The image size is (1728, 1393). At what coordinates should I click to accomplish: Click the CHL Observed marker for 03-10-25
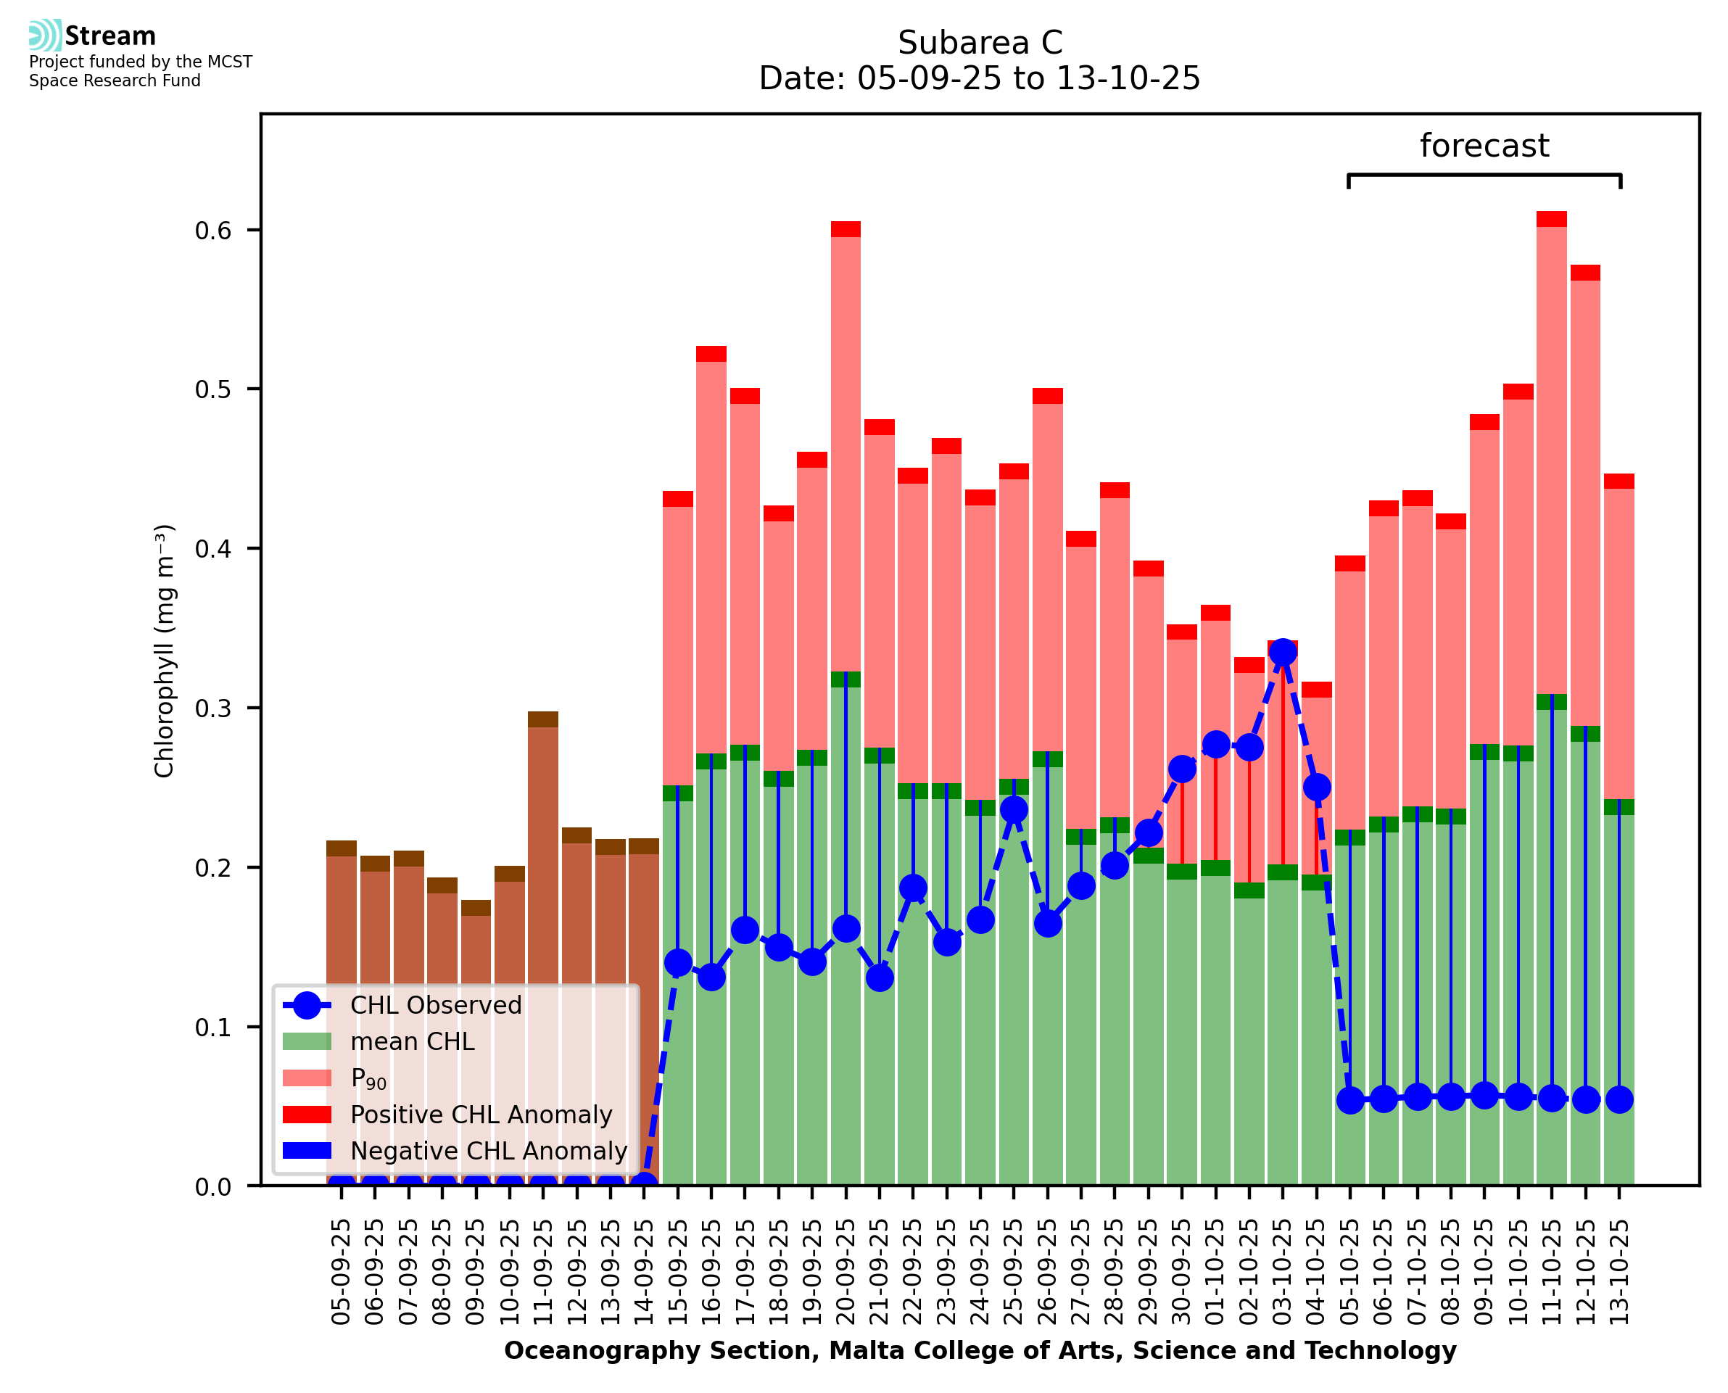[1282, 653]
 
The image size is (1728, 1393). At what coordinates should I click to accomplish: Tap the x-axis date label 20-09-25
[846, 1272]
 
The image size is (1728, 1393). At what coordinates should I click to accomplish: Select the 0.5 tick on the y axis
[212, 390]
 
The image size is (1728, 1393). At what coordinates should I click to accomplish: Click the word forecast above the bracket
[1484, 146]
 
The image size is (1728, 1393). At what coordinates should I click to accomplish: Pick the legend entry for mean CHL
[412, 1041]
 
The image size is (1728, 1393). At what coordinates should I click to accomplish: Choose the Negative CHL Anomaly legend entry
[488, 1151]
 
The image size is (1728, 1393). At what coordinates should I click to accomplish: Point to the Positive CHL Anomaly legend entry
[481, 1115]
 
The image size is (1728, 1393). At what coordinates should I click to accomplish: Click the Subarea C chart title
[980, 43]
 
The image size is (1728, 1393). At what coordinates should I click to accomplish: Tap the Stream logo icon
[45, 36]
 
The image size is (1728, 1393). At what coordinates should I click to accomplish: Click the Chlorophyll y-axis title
[165, 650]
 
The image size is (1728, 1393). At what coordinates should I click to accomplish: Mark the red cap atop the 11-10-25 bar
[1552, 219]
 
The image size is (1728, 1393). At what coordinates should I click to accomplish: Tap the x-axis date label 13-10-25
[1619, 1272]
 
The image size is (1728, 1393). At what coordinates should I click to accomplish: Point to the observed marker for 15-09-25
[678, 963]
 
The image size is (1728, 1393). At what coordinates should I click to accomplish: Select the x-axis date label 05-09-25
[341, 1272]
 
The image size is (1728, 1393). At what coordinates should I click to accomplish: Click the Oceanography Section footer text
[980, 1350]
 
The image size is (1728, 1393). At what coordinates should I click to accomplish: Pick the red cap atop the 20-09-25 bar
[846, 229]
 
